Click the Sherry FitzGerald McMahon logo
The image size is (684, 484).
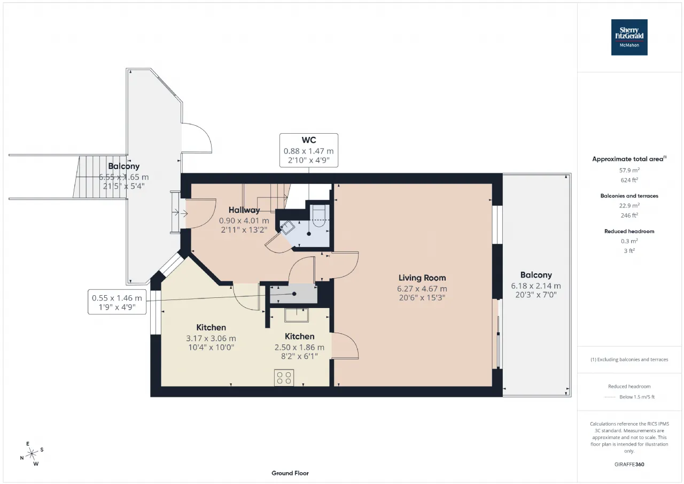[x=629, y=37]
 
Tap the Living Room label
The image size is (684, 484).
[x=422, y=278]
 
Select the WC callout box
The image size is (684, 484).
[x=309, y=150]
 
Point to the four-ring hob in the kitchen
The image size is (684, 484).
[x=284, y=378]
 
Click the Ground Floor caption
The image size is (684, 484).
[x=290, y=473]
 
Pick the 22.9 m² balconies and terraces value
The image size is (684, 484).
[x=629, y=205]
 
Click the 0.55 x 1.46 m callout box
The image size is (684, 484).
[x=117, y=302]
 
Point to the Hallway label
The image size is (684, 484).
[x=244, y=210]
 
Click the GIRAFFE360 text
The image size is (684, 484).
[x=629, y=464]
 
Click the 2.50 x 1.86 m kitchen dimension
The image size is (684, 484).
[x=299, y=347]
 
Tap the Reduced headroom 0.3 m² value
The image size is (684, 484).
[x=629, y=241]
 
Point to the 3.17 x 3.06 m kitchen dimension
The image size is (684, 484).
[x=211, y=338]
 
